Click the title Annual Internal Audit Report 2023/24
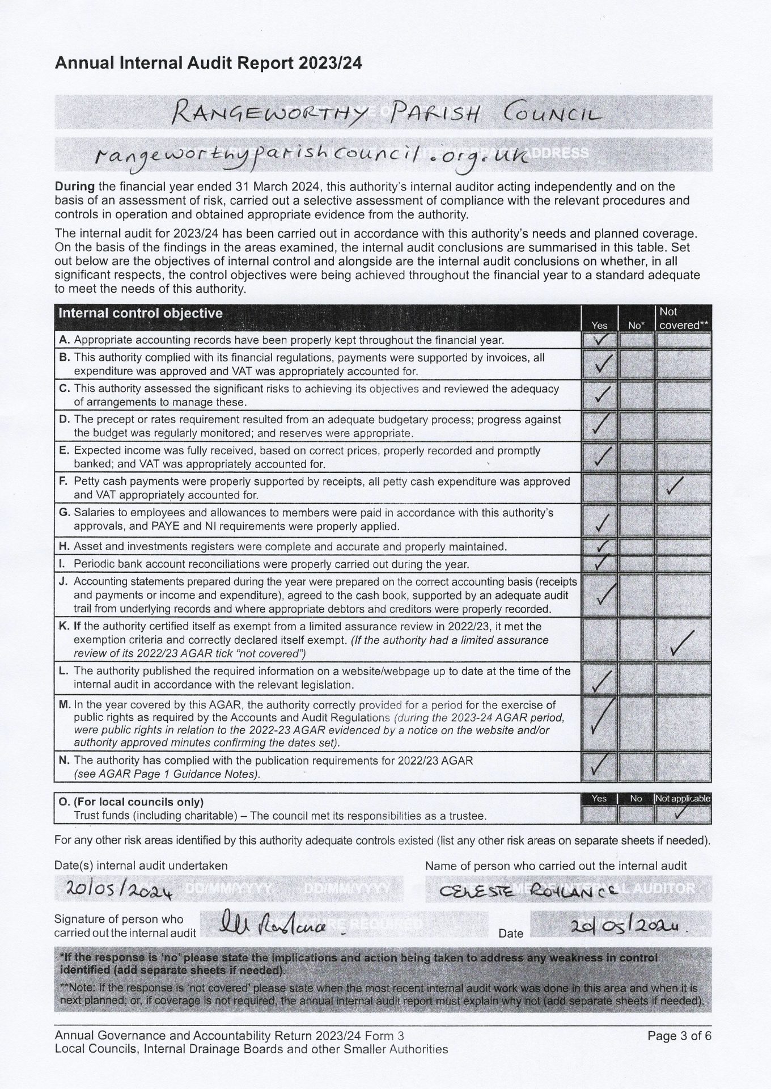tap(208, 63)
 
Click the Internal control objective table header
tap(141, 313)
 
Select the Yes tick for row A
tap(599, 339)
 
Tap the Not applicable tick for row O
tap(683, 813)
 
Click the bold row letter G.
tap(64, 513)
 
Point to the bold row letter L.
tap(63, 671)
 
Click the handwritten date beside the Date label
tap(632, 926)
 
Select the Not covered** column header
tap(683, 318)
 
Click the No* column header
tap(636, 325)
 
